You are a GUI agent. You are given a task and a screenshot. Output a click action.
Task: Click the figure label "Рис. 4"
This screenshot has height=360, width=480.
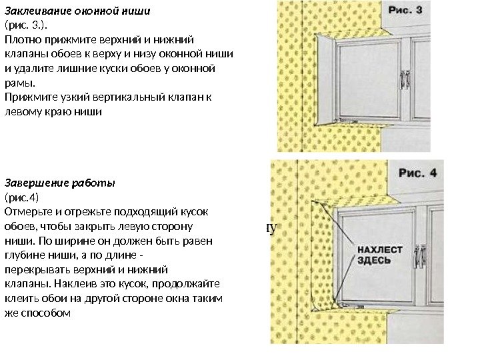[417, 173]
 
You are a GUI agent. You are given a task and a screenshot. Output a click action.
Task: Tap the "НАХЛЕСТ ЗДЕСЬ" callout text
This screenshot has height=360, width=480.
[380, 255]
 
